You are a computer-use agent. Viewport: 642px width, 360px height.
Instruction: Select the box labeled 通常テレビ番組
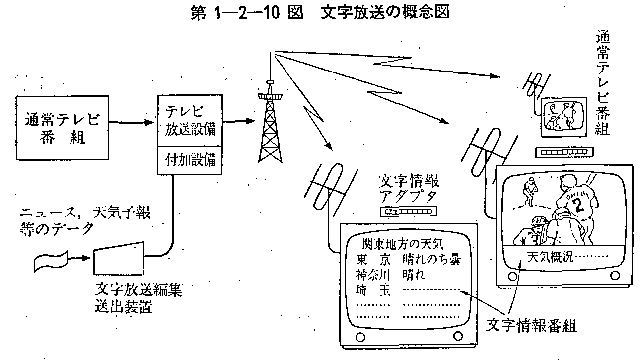pyautogui.click(x=62, y=127)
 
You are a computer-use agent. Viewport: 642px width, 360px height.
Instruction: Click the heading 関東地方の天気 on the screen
pyautogui.click(x=403, y=244)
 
